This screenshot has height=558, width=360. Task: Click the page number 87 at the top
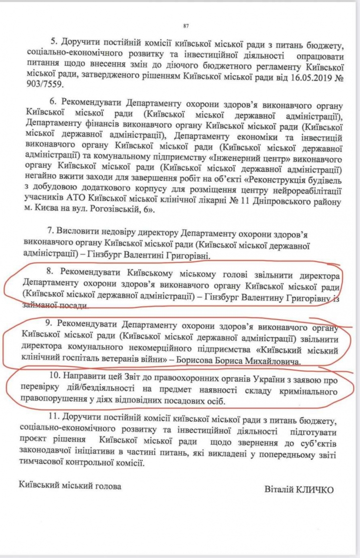coord(186,25)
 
